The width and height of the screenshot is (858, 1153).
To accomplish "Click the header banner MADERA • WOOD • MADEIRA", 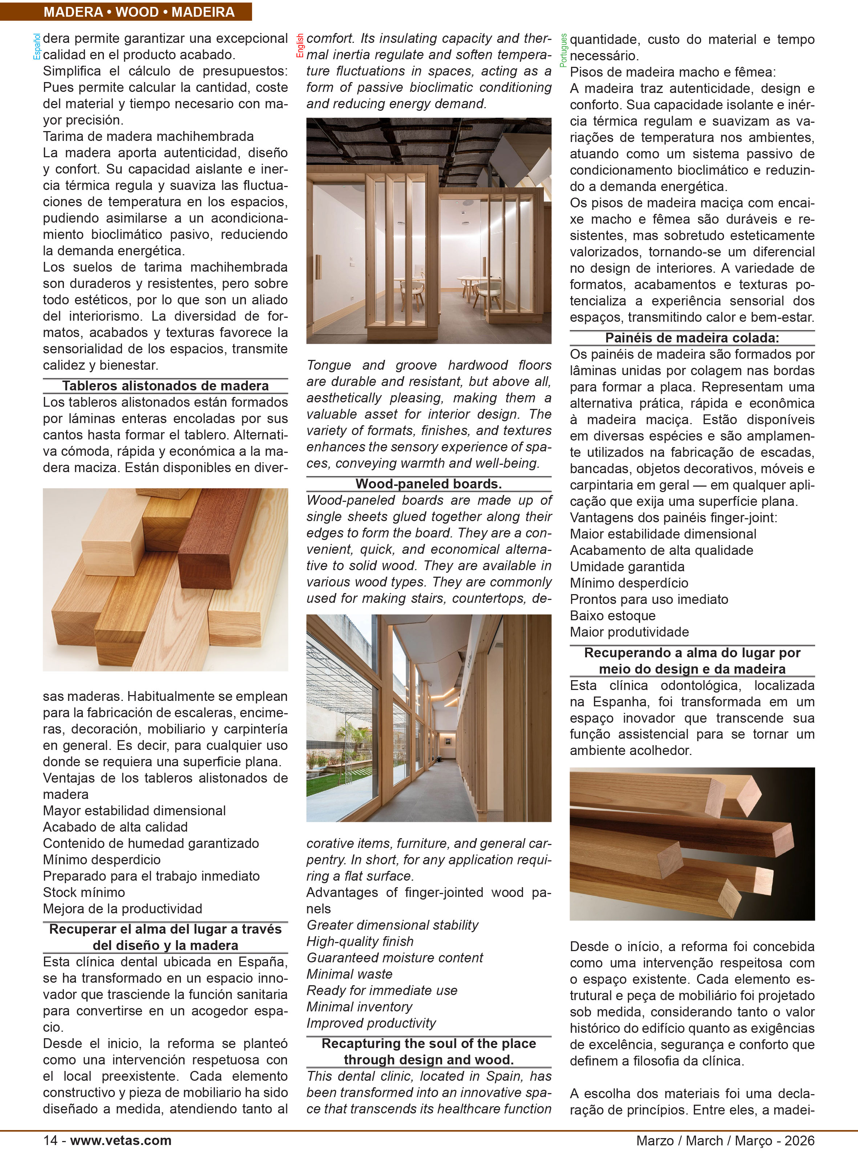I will click(139, 12).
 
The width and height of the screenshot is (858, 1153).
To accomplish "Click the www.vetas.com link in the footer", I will click(121, 1140).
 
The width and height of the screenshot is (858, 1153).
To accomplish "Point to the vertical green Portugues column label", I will click(563, 50).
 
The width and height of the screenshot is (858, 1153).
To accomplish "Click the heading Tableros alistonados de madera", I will click(165, 386).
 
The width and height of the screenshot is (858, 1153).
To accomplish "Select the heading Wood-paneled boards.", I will click(429, 484).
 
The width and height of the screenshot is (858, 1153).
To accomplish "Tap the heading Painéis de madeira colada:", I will click(692, 338).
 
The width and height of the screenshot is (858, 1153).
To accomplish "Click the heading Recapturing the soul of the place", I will click(429, 1043).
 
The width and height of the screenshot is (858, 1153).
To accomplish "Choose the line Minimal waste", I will click(349, 974).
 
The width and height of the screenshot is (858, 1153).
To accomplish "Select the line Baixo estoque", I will click(612, 616).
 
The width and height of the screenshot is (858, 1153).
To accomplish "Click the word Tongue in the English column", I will click(328, 365).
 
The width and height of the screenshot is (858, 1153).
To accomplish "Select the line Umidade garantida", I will click(627, 567).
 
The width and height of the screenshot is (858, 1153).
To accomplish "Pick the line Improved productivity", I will click(371, 1023).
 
